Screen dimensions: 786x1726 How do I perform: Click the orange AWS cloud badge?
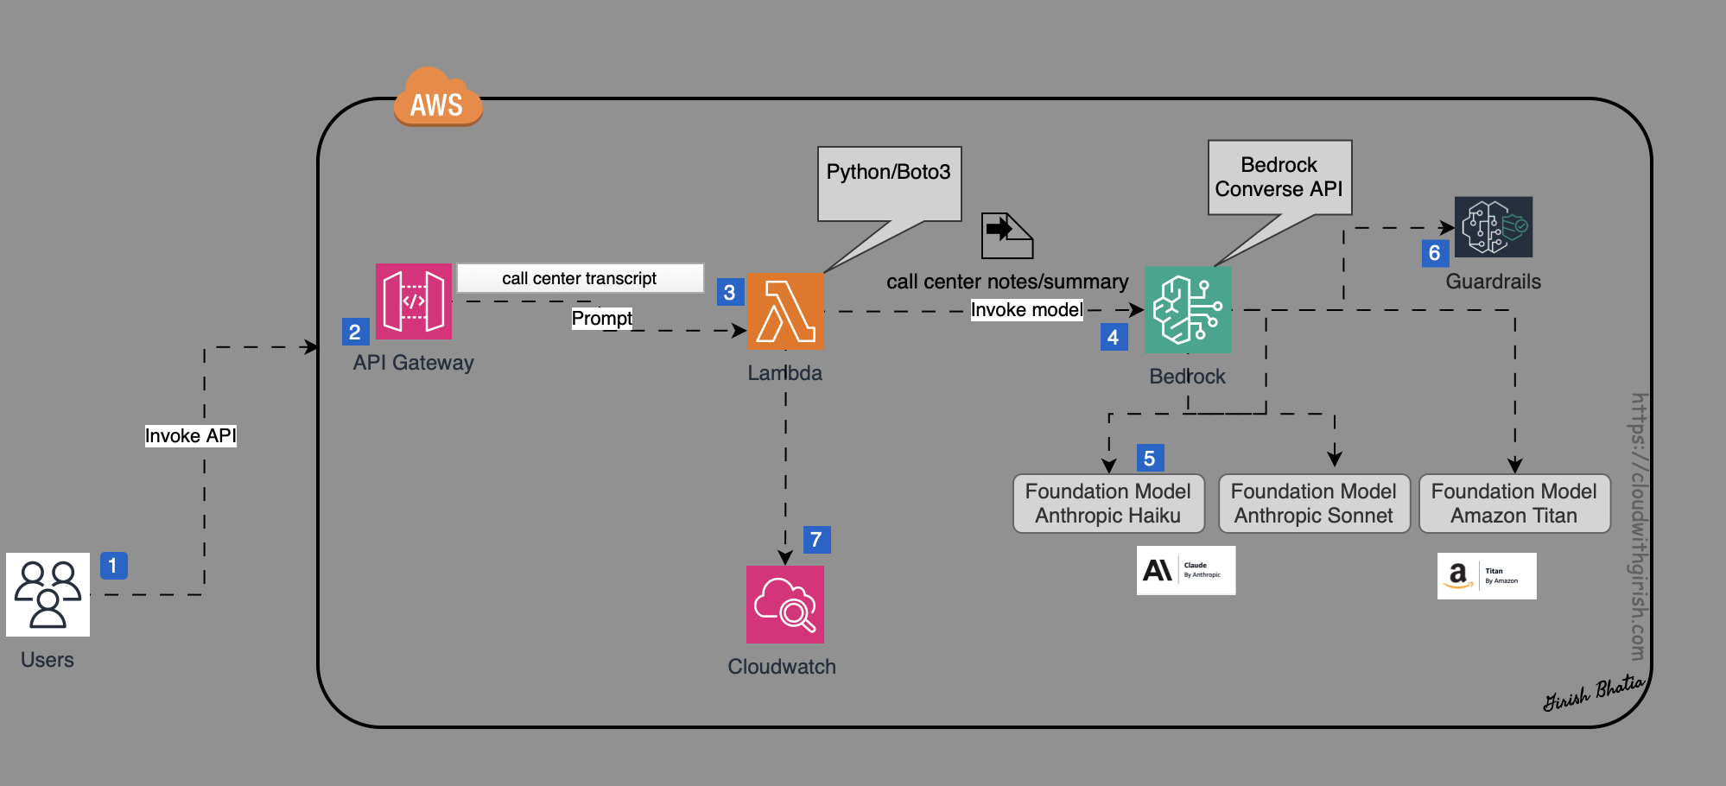[437, 98]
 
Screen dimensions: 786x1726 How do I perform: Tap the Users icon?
[48, 594]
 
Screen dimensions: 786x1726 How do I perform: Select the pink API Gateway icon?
[414, 301]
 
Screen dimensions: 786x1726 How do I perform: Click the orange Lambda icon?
[784, 311]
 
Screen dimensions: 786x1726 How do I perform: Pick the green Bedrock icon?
[1187, 309]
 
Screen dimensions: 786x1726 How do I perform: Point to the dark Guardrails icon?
[1493, 226]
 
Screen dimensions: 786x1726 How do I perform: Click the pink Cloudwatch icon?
[784, 604]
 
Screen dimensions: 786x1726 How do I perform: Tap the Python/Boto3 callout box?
[889, 182]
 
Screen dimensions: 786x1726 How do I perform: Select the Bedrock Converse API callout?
[1279, 177]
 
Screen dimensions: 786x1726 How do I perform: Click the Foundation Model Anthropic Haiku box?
[1107, 503]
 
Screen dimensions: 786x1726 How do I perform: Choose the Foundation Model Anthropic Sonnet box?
[1313, 503]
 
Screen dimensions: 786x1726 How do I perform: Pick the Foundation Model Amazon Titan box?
[1513, 503]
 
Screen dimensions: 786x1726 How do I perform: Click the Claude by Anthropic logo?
[1185, 570]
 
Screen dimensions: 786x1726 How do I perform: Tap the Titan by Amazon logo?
[1486, 575]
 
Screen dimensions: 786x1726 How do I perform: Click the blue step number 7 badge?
[816, 539]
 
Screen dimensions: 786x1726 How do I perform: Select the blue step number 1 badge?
[113, 565]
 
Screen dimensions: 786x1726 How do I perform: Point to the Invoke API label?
[190, 435]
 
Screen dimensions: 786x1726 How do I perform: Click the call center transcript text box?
[580, 278]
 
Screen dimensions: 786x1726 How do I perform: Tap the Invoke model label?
[1026, 309]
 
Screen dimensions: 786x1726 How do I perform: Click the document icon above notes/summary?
[1006, 235]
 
